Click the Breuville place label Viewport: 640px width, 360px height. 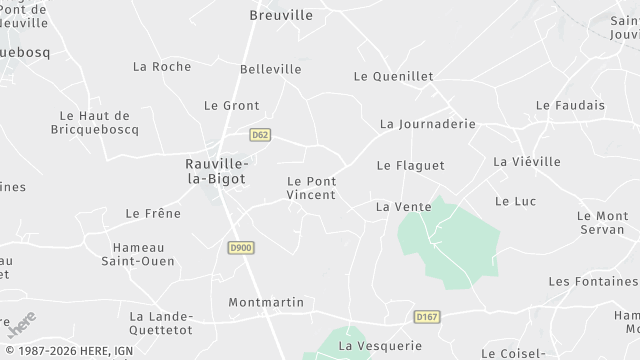280,15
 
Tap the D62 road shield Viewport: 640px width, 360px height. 261,133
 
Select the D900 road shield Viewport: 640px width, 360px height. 240,248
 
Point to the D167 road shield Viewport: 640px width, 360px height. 426,316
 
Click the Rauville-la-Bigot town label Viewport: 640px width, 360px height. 217,170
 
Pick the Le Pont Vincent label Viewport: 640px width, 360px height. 311,187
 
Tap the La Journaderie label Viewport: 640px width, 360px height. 427,124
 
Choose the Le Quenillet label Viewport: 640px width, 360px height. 393,75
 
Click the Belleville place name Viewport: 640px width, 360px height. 270,69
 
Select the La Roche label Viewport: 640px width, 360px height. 161,66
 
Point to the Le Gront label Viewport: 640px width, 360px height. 231,105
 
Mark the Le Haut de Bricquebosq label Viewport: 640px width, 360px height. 95,122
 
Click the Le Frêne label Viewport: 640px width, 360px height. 153,213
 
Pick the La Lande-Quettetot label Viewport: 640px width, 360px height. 160,322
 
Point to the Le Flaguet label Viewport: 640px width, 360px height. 410,165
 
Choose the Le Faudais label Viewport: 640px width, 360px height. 570,104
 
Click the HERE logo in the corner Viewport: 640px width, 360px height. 21,324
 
